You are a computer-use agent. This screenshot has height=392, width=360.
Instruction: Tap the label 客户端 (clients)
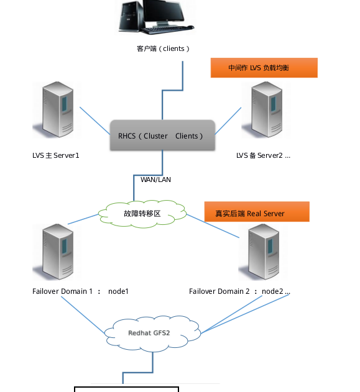click(x=163, y=48)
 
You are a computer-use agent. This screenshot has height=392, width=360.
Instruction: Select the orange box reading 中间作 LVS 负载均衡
click(x=264, y=68)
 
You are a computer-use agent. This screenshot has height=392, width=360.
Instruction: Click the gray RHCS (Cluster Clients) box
click(x=162, y=135)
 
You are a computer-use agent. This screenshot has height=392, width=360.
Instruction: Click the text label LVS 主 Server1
click(x=56, y=155)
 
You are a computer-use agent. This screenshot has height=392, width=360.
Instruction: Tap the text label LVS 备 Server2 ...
click(x=263, y=155)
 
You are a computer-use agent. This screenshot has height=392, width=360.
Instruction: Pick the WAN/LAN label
click(x=155, y=180)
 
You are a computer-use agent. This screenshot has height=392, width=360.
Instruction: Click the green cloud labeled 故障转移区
click(x=142, y=214)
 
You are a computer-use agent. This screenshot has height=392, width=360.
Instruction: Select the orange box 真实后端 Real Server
click(x=257, y=212)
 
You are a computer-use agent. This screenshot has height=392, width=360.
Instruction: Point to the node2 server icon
click(x=262, y=252)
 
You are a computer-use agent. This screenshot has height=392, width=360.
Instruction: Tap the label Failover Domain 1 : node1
click(x=80, y=291)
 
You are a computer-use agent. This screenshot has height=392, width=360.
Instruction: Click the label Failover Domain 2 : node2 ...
click(x=239, y=291)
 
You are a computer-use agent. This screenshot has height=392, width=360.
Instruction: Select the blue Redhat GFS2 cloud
click(x=152, y=334)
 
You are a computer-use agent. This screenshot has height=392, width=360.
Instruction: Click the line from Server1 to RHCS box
click(x=95, y=121)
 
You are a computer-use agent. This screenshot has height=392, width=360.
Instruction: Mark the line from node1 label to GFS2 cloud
click(x=83, y=315)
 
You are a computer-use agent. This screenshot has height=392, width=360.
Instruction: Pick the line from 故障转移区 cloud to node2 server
click(x=213, y=226)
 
